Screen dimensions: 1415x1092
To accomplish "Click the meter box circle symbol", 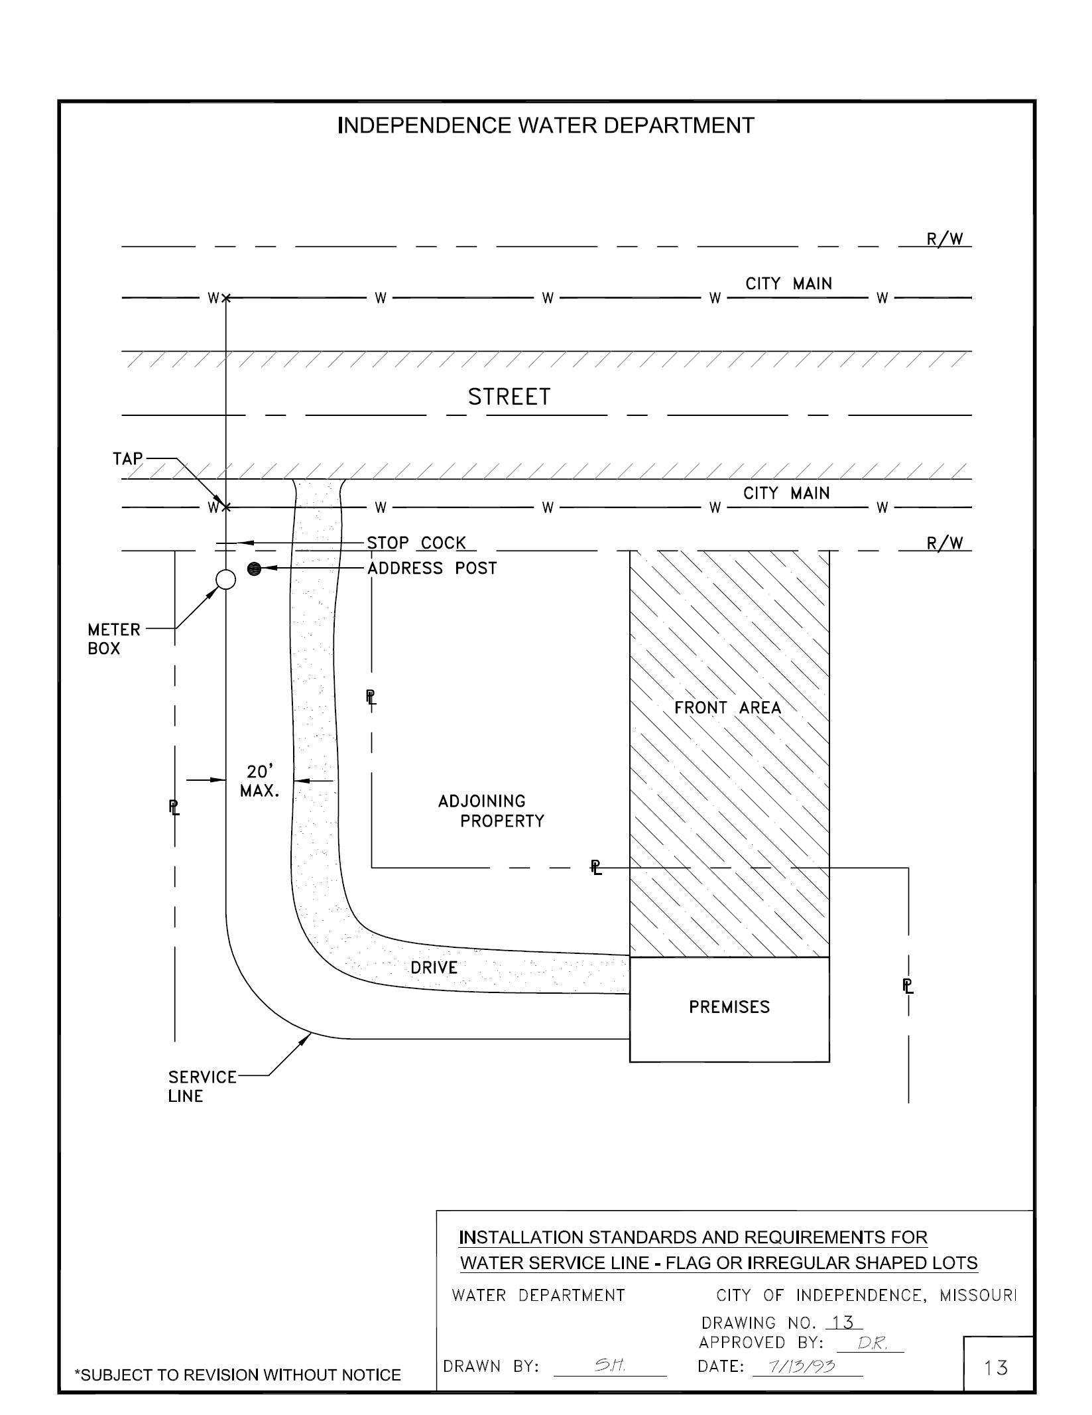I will coord(226,579).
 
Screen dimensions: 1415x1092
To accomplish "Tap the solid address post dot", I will coord(254,569).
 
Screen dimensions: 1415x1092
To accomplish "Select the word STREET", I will coord(509,397).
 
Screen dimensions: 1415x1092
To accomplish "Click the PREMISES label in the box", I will coord(729,1007).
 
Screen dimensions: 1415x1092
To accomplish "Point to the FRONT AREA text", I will coord(728,708).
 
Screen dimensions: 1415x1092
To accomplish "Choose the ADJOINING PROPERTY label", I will coord(491,811).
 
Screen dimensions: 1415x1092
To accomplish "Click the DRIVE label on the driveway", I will coord(434,967).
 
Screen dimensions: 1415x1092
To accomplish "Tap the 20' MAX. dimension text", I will coord(259,781).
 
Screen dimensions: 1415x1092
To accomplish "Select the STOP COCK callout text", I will coord(416,543).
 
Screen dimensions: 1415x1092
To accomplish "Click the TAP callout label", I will coord(128,458).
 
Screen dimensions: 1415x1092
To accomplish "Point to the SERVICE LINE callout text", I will coord(202,1086).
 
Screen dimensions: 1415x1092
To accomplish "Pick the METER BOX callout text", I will coord(114,638).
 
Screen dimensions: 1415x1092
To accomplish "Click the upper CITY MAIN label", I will coord(788,284).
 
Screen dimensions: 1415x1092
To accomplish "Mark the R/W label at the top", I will coord(945,239).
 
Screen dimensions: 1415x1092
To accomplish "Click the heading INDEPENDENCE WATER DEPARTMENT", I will coord(546,125).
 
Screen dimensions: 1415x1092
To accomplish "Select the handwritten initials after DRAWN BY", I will coord(607,1365).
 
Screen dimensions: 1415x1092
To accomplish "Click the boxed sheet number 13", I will coord(997,1367).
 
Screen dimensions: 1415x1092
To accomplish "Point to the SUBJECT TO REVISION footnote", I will coord(238,1375).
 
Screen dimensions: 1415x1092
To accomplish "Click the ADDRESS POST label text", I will coord(432,568).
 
